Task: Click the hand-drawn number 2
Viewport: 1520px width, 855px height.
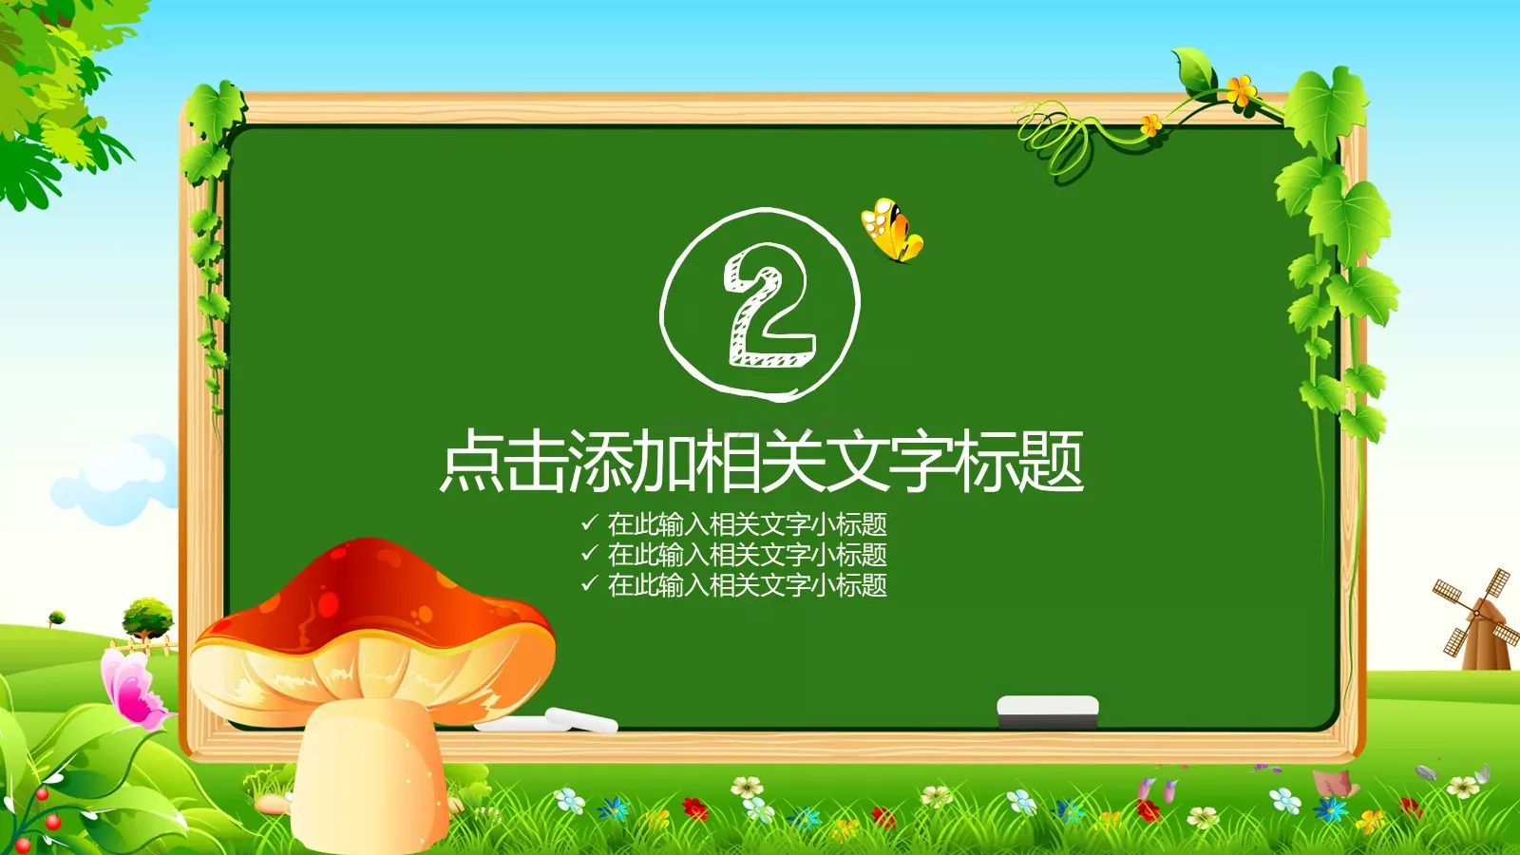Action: tap(768, 306)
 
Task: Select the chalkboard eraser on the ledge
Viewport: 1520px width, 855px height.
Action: tap(1047, 712)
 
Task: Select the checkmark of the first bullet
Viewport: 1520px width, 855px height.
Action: tap(589, 522)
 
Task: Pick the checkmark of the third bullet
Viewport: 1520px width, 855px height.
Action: tap(589, 583)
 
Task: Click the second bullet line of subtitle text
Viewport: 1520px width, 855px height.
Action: tap(747, 554)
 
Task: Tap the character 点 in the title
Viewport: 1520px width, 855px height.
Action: tap(472, 462)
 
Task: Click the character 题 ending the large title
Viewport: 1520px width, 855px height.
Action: tap(1051, 462)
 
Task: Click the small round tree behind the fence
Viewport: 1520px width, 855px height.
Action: tap(148, 616)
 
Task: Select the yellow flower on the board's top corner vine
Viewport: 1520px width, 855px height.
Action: tap(1239, 91)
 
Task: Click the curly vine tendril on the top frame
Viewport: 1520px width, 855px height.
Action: tap(1054, 138)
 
